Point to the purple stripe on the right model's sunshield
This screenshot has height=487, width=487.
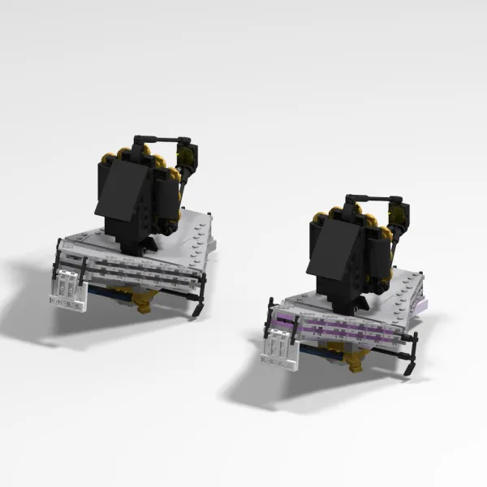click(x=341, y=328)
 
